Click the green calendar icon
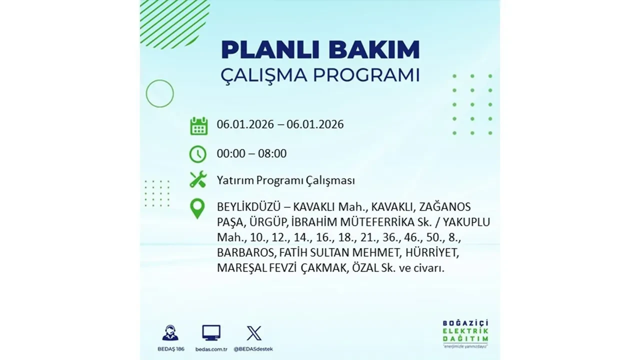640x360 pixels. (198, 125)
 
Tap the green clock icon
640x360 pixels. (198, 154)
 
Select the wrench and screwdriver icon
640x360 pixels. (198, 179)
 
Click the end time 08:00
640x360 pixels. (272, 153)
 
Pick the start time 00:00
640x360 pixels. (231, 153)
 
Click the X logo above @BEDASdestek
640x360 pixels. (254, 333)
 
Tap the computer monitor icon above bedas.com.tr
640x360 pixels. (211, 332)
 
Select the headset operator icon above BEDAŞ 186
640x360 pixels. (170, 333)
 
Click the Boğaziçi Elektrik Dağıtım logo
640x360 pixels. (466, 330)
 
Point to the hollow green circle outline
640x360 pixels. (159, 93)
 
